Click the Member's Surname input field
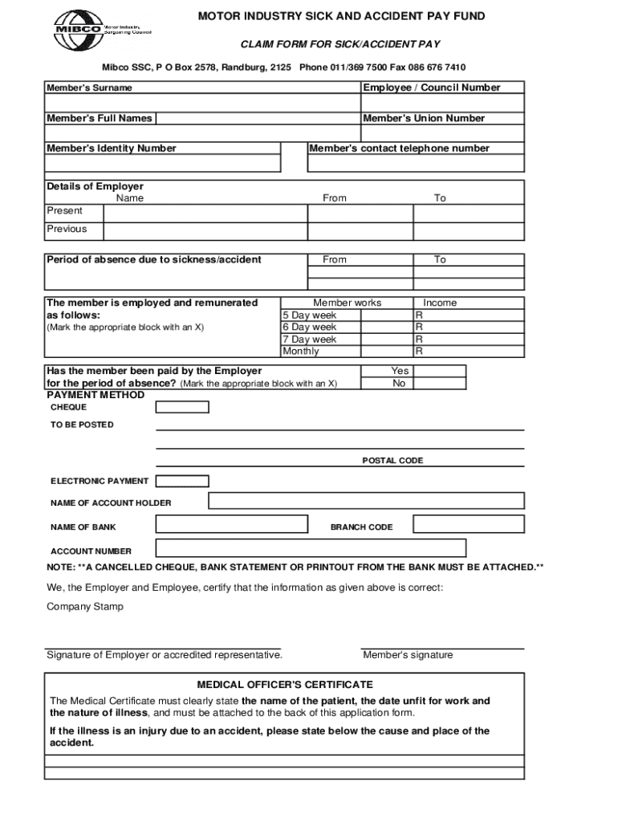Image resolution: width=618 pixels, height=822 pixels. pyautogui.click(x=202, y=104)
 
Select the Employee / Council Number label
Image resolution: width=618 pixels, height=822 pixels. pyautogui.click(x=432, y=87)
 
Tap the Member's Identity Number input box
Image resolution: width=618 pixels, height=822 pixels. pyautogui.click(x=163, y=164)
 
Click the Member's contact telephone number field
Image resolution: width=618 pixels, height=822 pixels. pyautogui.click(x=416, y=164)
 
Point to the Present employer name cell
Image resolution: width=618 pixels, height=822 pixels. pyautogui.click(x=205, y=212)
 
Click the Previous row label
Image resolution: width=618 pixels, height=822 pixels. pyautogui.click(x=67, y=230)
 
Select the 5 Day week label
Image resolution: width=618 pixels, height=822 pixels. pyautogui.click(x=309, y=315)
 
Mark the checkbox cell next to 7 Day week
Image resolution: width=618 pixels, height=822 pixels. pyautogui.click(x=387, y=340)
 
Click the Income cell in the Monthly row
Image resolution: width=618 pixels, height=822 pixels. pyautogui.click(x=469, y=352)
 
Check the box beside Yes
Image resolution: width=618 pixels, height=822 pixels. pyautogui.click(x=440, y=371)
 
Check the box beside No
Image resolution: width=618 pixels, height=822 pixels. pyautogui.click(x=440, y=384)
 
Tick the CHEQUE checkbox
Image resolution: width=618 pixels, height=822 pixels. pyautogui.click(x=182, y=407)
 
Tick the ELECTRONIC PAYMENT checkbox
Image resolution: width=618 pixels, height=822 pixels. pyautogui.click(x=182, y=482)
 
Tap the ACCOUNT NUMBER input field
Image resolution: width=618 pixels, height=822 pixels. pyautogui.click(x=311, y=548)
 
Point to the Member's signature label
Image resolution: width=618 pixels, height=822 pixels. pyautogui.click(x=408, y=655)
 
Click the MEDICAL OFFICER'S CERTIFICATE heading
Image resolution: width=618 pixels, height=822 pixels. pyautogui.click(x=285, y=685)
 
